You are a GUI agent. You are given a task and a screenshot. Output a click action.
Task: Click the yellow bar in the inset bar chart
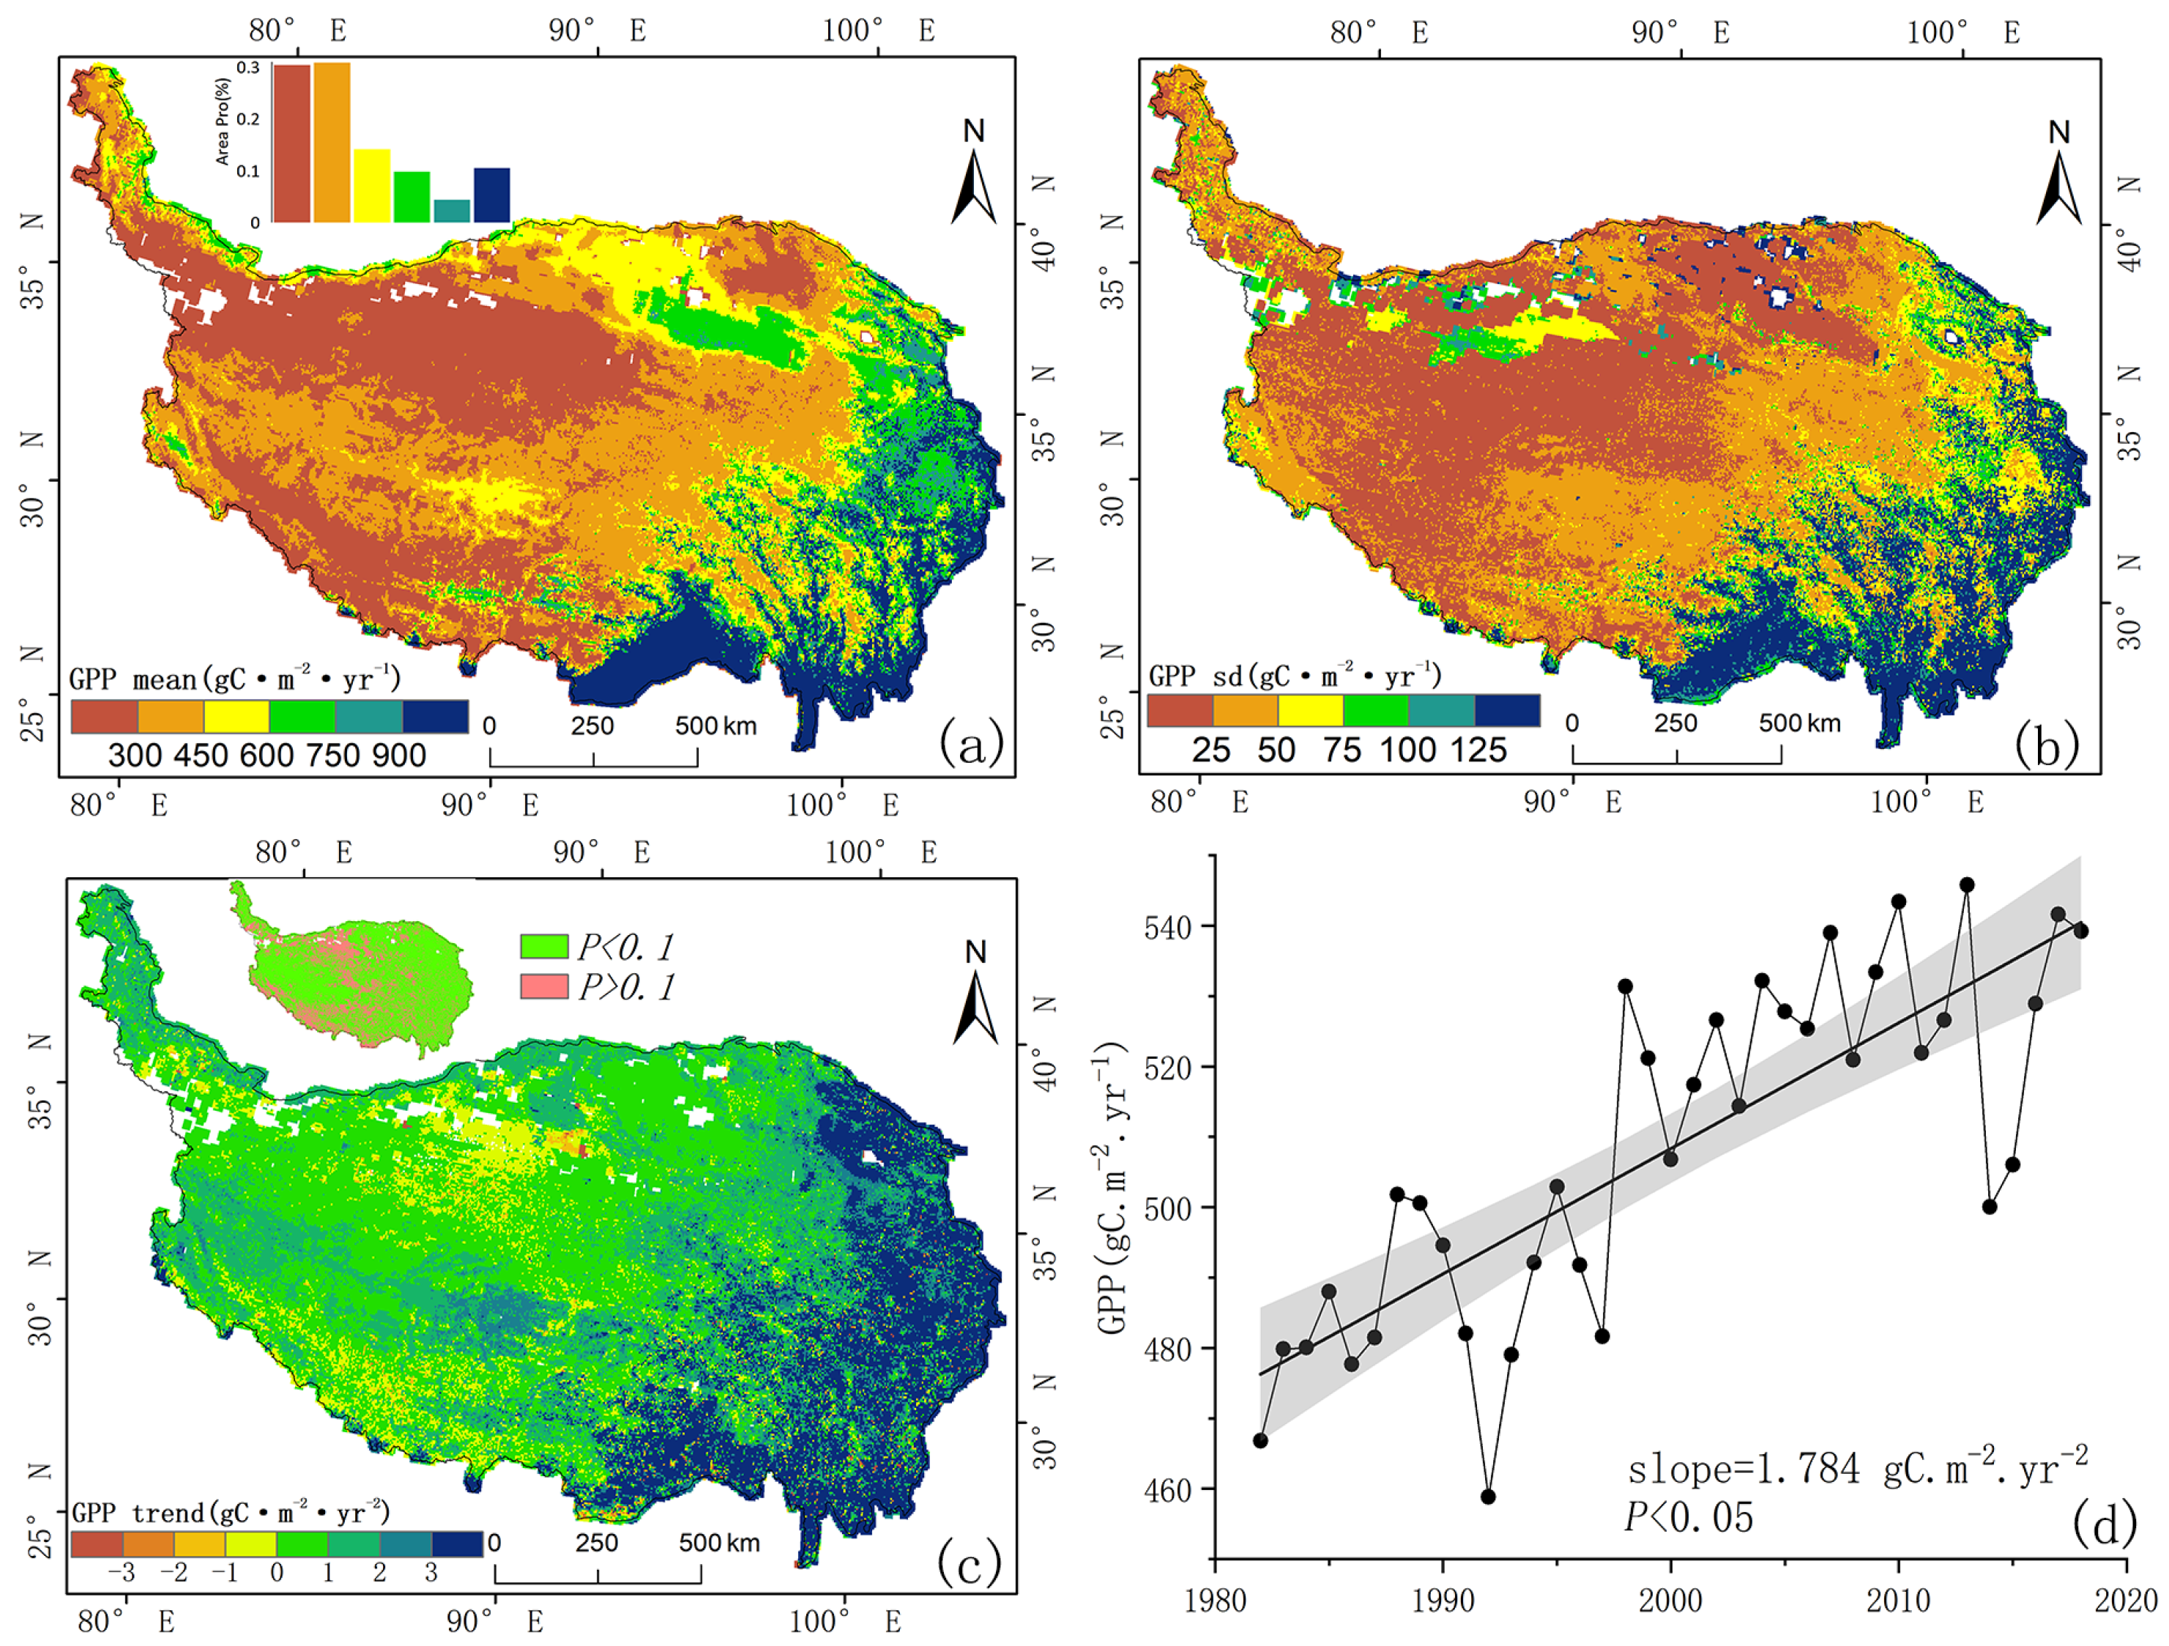[x=372, y=185]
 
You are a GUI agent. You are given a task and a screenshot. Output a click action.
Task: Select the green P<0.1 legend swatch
[x=544, y=946]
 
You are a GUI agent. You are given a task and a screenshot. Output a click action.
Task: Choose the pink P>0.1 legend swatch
[x=544, y=986]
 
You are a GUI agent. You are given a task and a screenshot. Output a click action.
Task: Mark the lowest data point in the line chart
[x=1487, y=1497]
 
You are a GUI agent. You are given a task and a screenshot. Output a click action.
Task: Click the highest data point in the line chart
[x=1967, y=885]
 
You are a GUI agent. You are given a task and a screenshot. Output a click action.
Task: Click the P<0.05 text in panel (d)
[x=1689, y=1518]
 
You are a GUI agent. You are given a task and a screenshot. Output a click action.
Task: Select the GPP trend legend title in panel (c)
[x=231, y=1513]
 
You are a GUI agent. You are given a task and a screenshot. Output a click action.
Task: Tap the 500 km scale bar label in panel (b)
[x=1799, y=723]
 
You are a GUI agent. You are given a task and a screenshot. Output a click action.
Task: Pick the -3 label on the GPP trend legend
[x=122, y=1573]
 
